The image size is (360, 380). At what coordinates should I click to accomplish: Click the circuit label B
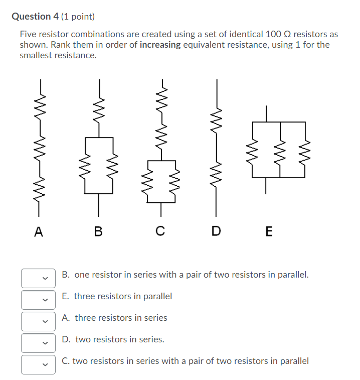[98, 231]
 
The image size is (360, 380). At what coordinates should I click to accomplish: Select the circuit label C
[160, 231]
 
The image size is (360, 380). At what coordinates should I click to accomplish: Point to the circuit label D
[216, 231]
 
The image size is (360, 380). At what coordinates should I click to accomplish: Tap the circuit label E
[269, 231]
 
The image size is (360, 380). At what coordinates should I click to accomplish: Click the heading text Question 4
[35, 17]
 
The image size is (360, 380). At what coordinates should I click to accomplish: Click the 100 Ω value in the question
[277, 34]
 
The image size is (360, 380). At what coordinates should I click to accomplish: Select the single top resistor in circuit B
[99, 108]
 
